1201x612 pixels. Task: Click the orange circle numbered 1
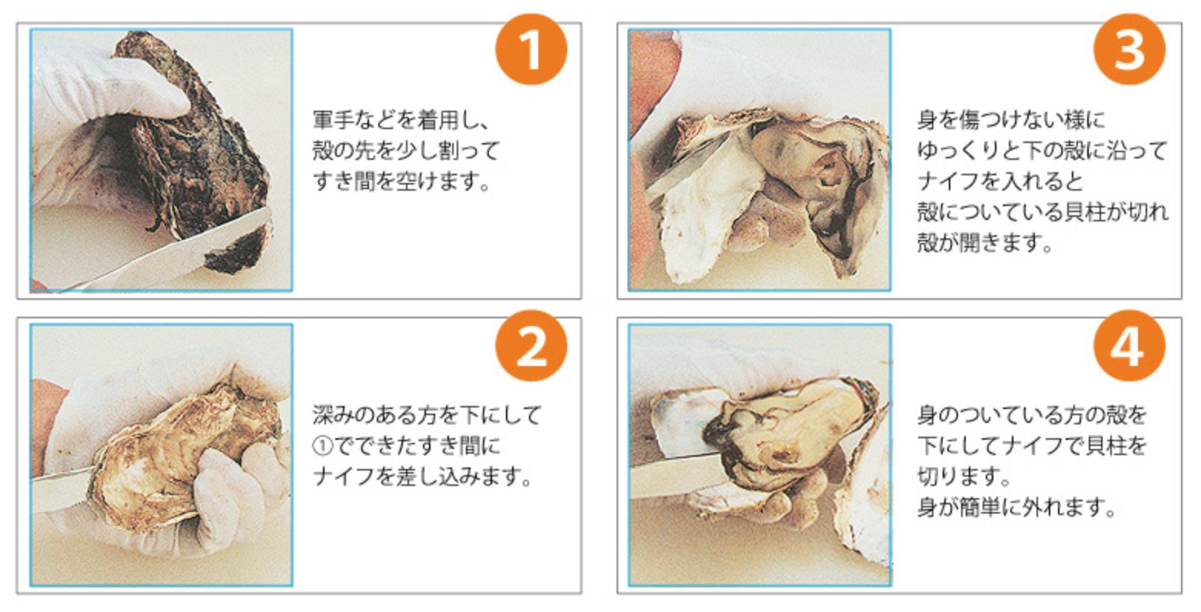point(531,49)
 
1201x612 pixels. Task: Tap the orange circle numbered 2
point(531,346)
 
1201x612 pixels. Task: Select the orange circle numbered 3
point(1129,49)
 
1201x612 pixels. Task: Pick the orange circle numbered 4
point(1129,346)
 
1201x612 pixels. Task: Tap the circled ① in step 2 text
point(323,446)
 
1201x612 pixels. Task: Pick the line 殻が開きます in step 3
point(985,243)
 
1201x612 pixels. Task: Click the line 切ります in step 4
point(963,476)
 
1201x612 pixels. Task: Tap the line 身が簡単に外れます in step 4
point(1016,507)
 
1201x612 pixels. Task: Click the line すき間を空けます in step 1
point(401,182)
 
